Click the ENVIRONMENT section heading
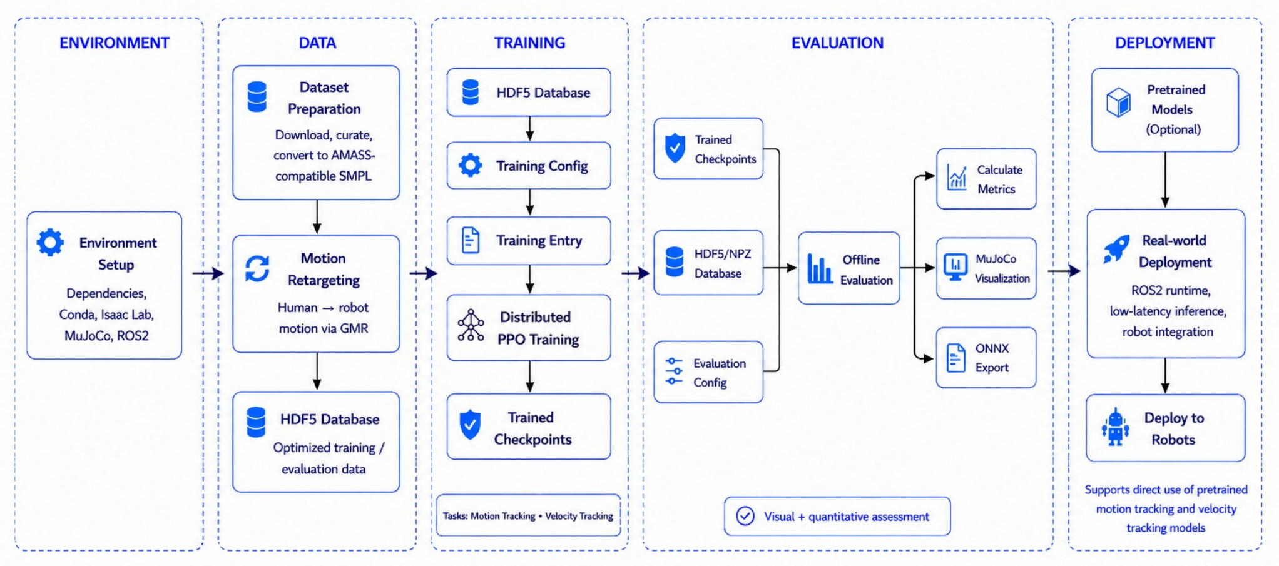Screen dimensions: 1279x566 point(115,43)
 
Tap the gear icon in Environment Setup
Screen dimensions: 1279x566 point(50,242)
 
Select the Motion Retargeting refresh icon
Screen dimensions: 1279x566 point(257,268)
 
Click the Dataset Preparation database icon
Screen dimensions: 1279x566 point(257,96)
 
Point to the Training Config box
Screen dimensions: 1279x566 point(529,166)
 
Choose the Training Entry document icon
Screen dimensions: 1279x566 point(471,240)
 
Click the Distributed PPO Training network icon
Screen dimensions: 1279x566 point(471,325)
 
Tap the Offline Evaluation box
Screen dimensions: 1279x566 point(849,268)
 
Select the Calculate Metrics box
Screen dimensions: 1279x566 point(986,179)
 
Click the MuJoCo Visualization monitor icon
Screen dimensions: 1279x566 point(955,267)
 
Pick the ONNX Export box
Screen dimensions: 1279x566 point(986,358)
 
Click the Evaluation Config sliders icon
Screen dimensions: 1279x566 point(674,371)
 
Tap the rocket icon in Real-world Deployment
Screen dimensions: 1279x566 point(1116,249)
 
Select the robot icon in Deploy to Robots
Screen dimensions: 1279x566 point(1116,427)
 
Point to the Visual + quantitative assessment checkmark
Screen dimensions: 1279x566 point(745,516)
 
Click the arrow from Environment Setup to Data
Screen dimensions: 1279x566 point(208,273)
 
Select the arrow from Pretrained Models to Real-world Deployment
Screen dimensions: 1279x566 point(1165,180)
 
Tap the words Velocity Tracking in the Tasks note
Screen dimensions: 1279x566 point(579,516)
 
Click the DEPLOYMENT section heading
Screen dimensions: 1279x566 point(1165,43)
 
